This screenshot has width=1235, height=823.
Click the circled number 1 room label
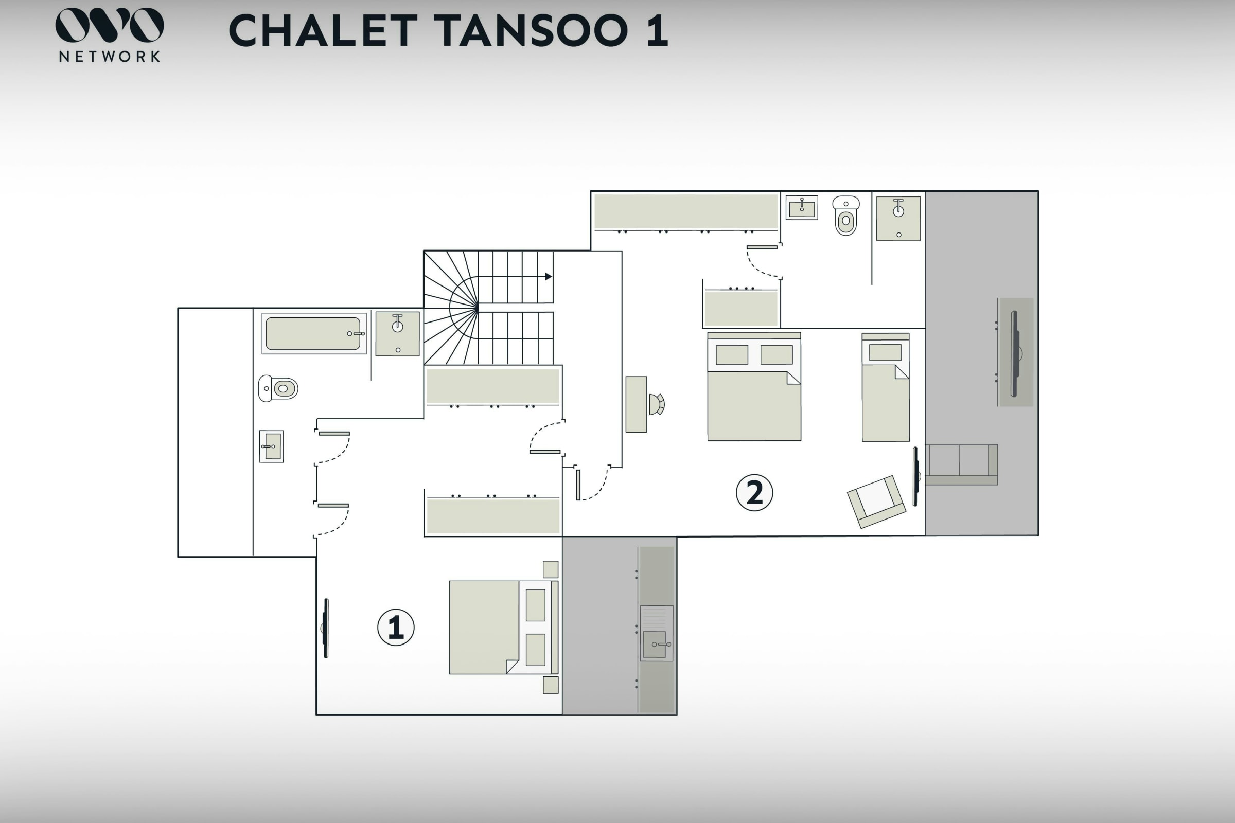396,627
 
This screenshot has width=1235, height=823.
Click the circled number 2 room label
754,492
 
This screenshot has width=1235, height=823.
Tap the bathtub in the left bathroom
314,333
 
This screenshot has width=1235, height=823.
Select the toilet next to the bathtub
278,388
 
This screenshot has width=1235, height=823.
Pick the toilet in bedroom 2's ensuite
846,216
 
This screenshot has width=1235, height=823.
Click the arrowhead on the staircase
549,277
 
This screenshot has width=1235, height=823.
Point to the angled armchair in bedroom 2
876,502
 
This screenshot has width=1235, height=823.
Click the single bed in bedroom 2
885,387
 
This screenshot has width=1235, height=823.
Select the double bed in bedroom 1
504,627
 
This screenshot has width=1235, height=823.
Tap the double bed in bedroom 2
754,386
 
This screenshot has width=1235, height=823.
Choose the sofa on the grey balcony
961,464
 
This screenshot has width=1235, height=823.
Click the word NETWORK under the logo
109,57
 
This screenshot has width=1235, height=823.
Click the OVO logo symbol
110,25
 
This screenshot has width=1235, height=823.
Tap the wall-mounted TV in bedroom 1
326,628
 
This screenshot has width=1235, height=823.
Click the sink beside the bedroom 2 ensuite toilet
802,207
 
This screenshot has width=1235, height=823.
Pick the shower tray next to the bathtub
397,334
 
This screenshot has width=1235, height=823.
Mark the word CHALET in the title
323,30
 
